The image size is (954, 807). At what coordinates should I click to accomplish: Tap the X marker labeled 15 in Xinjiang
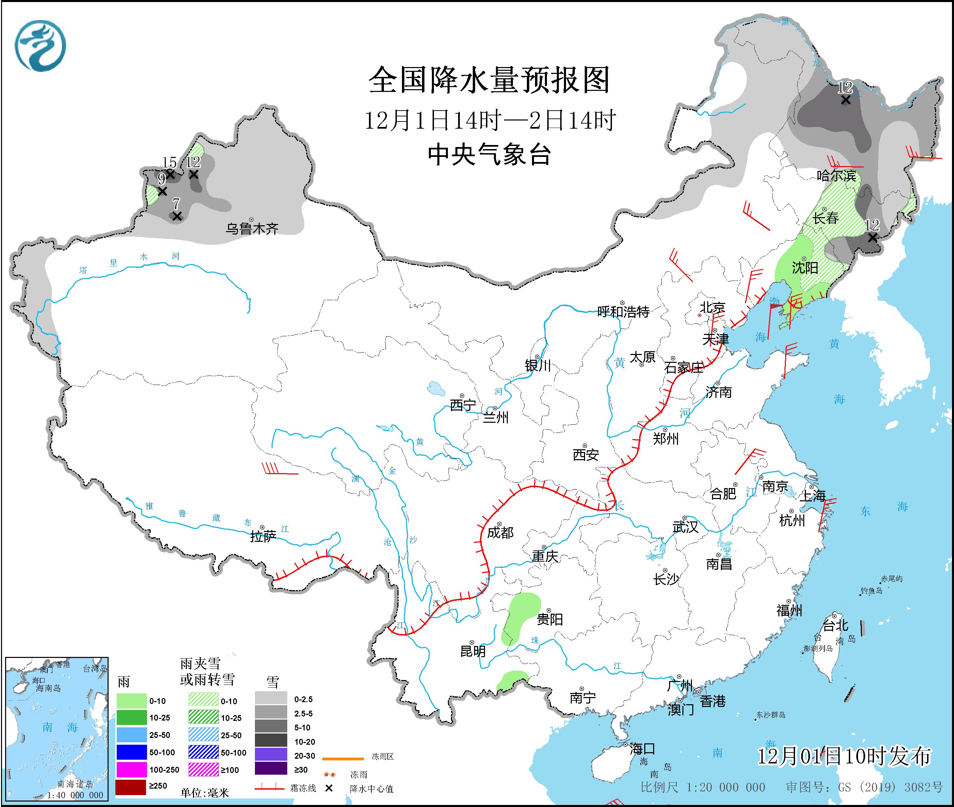(170, 174)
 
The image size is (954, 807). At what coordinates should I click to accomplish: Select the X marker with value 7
(177, 216)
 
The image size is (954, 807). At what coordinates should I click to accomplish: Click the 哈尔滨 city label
(836, 175)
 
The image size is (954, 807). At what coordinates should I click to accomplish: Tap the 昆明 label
(473, 650)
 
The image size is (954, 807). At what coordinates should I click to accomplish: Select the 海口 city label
(642, 749)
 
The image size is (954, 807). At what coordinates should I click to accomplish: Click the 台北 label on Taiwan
(836, 625)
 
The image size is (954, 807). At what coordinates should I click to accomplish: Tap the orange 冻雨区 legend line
(343, 759)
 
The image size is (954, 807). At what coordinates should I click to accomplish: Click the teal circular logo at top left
(40, 46)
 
